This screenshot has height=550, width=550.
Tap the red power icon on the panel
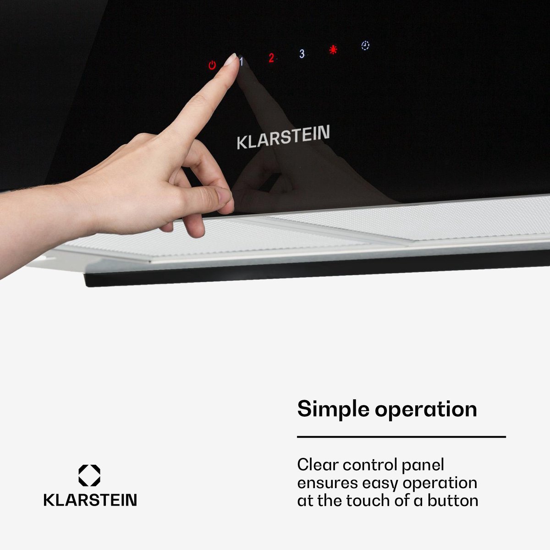click(212, 66)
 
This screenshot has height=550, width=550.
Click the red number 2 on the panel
click(271, 58)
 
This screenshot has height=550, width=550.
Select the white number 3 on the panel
click(302, 54)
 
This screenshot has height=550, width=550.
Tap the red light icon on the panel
click(333, 49)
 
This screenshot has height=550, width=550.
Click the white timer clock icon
click(365, 46)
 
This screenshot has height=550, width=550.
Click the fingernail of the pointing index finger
click(230, 60)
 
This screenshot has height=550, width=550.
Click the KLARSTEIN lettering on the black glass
click(283, 137)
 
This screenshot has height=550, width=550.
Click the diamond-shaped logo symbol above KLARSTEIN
click(89, 475)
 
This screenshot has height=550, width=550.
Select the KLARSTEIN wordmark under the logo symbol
click(90, 500)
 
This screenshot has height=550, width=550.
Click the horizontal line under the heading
click(401, 437)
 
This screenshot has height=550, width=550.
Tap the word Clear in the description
click(318, 465)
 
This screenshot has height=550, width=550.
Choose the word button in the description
click(453, 501)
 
